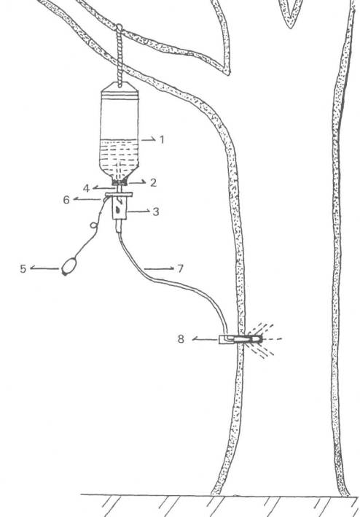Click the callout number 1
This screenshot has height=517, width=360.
click(x=162, y=140)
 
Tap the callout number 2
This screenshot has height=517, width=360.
click(x=153, y=183)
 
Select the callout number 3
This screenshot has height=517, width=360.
click(x=156, y=211)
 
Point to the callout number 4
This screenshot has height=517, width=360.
click(x=86, y=189)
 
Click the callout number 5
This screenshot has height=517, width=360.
click(x=23, y=269)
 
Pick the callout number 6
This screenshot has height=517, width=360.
click(x=66, y=200)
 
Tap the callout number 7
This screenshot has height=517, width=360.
click(x=180, y=269)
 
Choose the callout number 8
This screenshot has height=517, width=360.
click(x=181, y=339)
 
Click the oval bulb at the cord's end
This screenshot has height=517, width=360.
click(x=69, y=266)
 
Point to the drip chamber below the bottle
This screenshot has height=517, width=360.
click(x=120, y=208)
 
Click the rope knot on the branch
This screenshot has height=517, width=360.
click(x=119, y=28)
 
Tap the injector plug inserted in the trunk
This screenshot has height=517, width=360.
click(x=240, y=339)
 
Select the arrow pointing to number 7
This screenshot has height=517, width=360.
click(x=159, y=269)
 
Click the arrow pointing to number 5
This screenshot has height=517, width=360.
click(x=44, y=268)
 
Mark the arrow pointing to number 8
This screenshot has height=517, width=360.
click(x=206, y=339)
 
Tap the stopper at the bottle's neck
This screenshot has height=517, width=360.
click(x=120, y=182)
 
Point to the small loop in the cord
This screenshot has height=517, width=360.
click(x=94, y=225)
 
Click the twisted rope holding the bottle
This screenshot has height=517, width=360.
click(x=120, y=56)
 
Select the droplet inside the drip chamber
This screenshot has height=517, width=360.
click(x=118, y=210)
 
